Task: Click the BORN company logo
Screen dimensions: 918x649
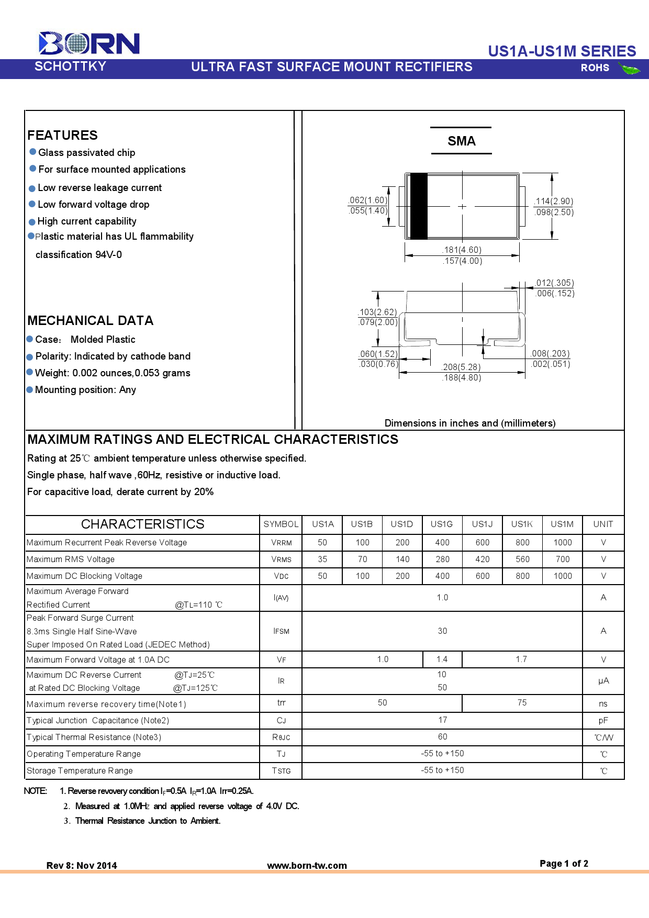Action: (x=89, y=43)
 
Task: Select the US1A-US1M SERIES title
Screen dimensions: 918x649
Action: (x=562, y=51)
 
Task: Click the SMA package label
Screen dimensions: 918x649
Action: (x=461, y=141)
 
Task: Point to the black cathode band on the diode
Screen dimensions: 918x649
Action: (x=419, y=206)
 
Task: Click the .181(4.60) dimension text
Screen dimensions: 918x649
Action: (x=462, y=250)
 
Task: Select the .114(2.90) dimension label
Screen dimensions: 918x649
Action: (x=554, y=201)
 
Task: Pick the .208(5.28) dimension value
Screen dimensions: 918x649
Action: (x=461, y=367)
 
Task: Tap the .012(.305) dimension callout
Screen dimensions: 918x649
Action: (x=554, y=283)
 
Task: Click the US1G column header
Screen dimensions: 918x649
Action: (x=442, y=524)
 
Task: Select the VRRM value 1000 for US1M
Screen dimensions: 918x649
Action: (x=563, y=543)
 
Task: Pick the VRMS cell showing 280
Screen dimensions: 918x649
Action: (x=442, y=559)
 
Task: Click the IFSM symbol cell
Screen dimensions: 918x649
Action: (x=281, y=631)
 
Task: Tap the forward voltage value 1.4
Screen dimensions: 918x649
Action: (x=442, y=659)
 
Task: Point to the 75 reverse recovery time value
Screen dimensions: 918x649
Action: (x=522, y=703)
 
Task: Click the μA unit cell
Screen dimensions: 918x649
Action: (x=603, y=681)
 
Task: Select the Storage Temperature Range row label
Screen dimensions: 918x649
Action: (x=80, y=771)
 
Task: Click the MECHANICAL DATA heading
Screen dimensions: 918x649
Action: (x=90, y=321)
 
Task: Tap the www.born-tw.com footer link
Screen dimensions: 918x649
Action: (x=307, y=866)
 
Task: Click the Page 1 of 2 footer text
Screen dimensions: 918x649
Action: (x=564, y=864)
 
